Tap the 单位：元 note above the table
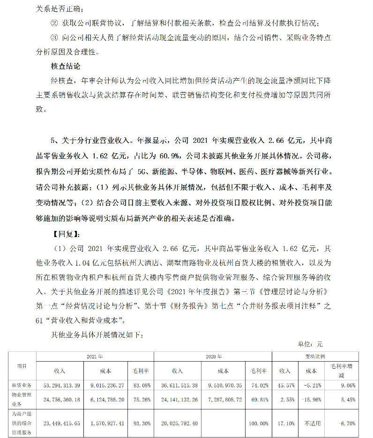(x=307, y=344)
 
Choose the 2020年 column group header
(x=214, y=356)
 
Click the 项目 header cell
(x=22, y=366)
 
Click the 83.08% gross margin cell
(x=141, y=385)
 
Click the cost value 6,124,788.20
(x=105, y=400)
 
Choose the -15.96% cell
(x=311, y=400)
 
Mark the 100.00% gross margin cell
(x=257, y=423)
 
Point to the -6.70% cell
(x=346, y=423)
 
